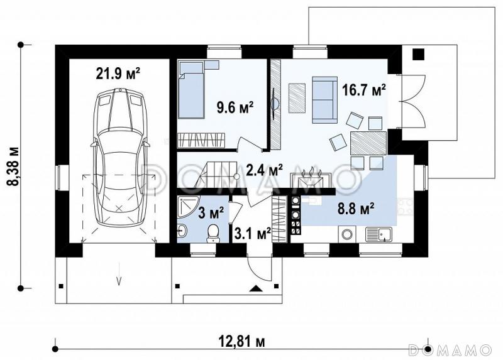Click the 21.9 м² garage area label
(118, 74)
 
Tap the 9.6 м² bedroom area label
(236, 107)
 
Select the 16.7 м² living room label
(364, 90)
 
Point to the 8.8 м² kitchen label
(356, 209)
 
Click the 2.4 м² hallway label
(264, 170)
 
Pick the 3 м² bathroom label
(211, 213)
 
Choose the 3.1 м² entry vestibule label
(253, 234)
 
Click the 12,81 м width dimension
(242, 342)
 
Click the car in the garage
(119, 157)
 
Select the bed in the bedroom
(192, 90)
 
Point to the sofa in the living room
(324, 101)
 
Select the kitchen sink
(379, 234)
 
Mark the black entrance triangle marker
(256, 288)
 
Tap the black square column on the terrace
(418, 54)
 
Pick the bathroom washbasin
(182, 231)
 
